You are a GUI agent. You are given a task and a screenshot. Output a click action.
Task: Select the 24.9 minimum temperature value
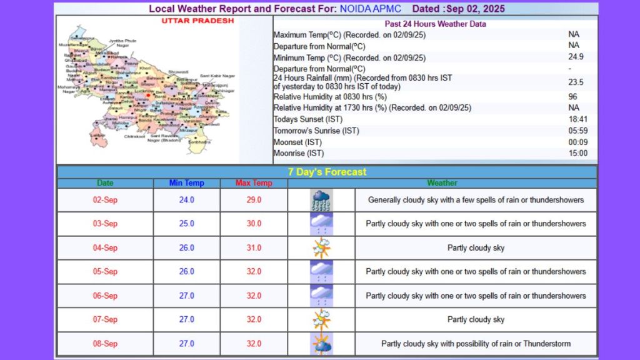point(573,57)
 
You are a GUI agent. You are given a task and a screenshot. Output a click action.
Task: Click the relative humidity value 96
point(573,97)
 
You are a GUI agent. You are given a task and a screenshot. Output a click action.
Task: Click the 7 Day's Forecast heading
point(327,172)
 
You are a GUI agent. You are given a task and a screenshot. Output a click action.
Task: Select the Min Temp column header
point(186,183)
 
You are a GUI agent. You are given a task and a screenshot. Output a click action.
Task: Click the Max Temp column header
point(254,183)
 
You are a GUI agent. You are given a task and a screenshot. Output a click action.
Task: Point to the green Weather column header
point(442,183)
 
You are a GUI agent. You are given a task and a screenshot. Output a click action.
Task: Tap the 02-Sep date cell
point(105,200)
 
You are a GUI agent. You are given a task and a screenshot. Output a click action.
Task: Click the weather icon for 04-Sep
point(321,248)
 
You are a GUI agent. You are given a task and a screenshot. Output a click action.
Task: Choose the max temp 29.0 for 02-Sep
point(254,200)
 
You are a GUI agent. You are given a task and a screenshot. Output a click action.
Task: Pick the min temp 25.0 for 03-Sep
point(186,224)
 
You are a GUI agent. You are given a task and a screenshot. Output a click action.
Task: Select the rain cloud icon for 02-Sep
point(321,201)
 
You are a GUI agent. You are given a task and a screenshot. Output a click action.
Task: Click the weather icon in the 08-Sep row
point(321,344)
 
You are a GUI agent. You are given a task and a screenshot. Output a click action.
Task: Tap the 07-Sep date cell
point(105,319)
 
